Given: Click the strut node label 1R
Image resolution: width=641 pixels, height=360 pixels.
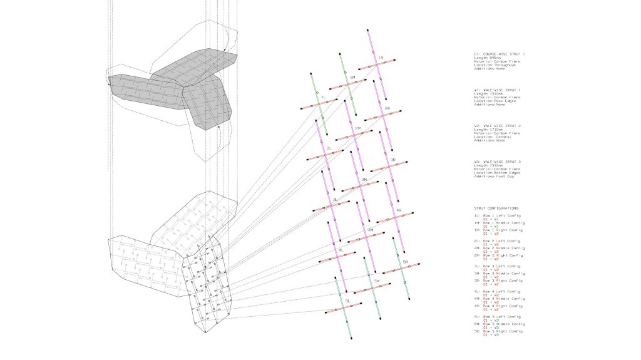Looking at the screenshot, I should click(x=380, y=58).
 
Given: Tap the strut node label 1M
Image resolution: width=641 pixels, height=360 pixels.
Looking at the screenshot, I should click(x=352, y=78).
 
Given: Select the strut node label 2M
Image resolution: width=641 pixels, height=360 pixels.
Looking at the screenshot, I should click(x=357, y=129).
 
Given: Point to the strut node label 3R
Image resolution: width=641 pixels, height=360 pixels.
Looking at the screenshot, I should click(x=392, y=160).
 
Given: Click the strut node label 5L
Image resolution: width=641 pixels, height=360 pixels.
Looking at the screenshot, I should click(x=347, y=301).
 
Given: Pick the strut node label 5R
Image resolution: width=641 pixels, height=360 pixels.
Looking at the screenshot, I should click(x=406, y=262).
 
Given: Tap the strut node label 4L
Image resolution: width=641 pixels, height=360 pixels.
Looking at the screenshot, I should click(x=341, y=250).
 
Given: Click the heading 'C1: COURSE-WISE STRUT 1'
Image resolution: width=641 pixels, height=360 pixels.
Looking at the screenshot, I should click(x=500, y=55).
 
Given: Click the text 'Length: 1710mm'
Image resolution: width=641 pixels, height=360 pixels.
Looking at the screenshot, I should click(x=489, y=130).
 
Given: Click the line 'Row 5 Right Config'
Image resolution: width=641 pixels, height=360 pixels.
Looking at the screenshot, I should click(x=501, y=331).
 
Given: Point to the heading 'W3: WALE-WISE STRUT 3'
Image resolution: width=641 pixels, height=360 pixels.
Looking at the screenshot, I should click(x=498, y=162).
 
